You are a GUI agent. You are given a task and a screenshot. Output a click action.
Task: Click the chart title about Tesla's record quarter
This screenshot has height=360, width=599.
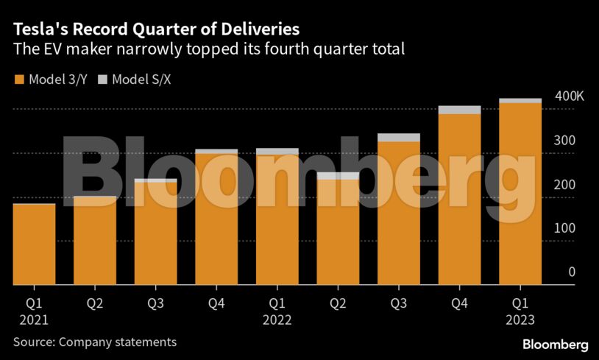(155, 29)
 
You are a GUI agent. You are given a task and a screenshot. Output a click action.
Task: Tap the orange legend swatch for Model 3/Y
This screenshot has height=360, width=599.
(18, 79)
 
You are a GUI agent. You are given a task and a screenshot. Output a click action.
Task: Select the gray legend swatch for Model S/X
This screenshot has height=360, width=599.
(103, 79)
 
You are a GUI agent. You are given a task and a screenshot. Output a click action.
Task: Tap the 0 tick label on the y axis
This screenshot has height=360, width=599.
(571, 272)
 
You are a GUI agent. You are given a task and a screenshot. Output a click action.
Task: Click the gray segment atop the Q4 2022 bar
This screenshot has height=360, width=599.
(459, 110)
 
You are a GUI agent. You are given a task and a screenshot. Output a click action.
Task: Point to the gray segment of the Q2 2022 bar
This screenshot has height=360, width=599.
(338, 176)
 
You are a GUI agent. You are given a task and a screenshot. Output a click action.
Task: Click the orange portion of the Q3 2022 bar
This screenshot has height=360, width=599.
(398, 213)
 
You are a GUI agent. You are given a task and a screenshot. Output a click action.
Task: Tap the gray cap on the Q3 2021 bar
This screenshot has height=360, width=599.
(155, 180)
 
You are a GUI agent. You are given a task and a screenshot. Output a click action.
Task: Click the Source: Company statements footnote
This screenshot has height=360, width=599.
(94, 342)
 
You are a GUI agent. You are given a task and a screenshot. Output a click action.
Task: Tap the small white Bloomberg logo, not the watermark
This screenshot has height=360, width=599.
(555, 344)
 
